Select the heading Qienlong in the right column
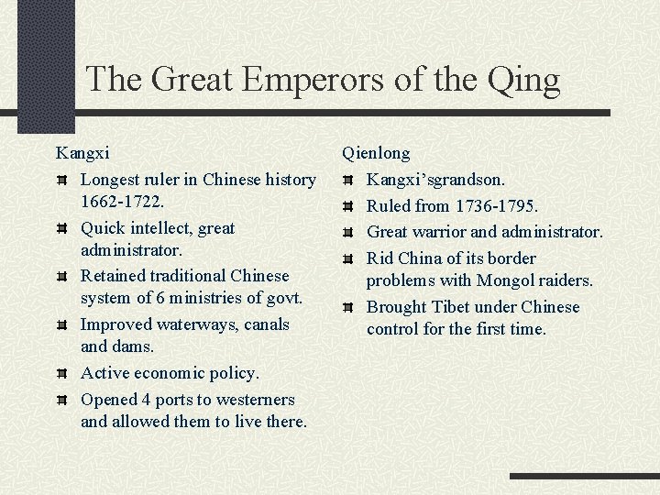[376, 153]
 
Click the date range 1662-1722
[124, 200]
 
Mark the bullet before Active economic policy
[61, 374]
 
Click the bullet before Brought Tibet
[347, 307]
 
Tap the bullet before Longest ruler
[61, 181]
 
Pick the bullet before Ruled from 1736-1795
[347, 208]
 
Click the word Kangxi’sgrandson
[435, 181]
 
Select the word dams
[133, 346]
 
